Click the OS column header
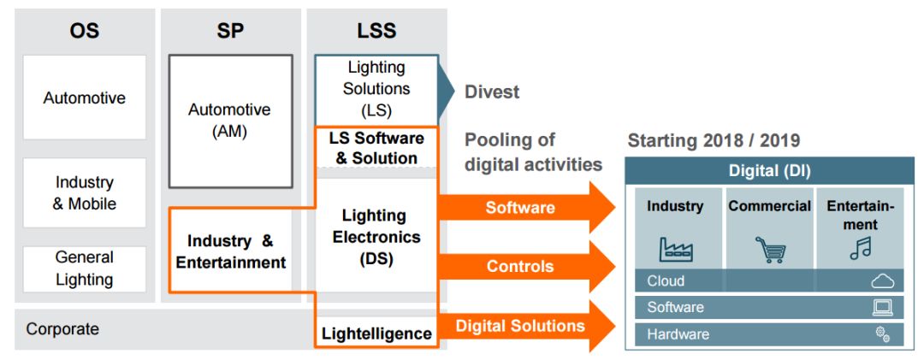tap(84, 32)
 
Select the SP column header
tap(230, 32)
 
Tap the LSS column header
tap(376, 32)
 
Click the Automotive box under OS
tap(84, 97)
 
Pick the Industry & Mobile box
tap(84, 192)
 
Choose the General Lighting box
tap(84, 268)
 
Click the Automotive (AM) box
tap(229, 121)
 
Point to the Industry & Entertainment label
tap(230, 251)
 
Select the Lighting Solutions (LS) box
tap(376, 89)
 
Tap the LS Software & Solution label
tap(376, 148)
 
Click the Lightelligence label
tap(376, 333)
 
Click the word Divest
tap(491, 92)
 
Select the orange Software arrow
tap(522, 208)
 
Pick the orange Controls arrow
tap(522, 266)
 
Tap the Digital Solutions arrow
tap(522, 326)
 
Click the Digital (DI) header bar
tap(769, 170)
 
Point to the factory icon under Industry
tap(675, 249)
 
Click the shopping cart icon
tap(769, 249)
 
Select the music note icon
tap(859, 249)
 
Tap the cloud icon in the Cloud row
tap(882, 280)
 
